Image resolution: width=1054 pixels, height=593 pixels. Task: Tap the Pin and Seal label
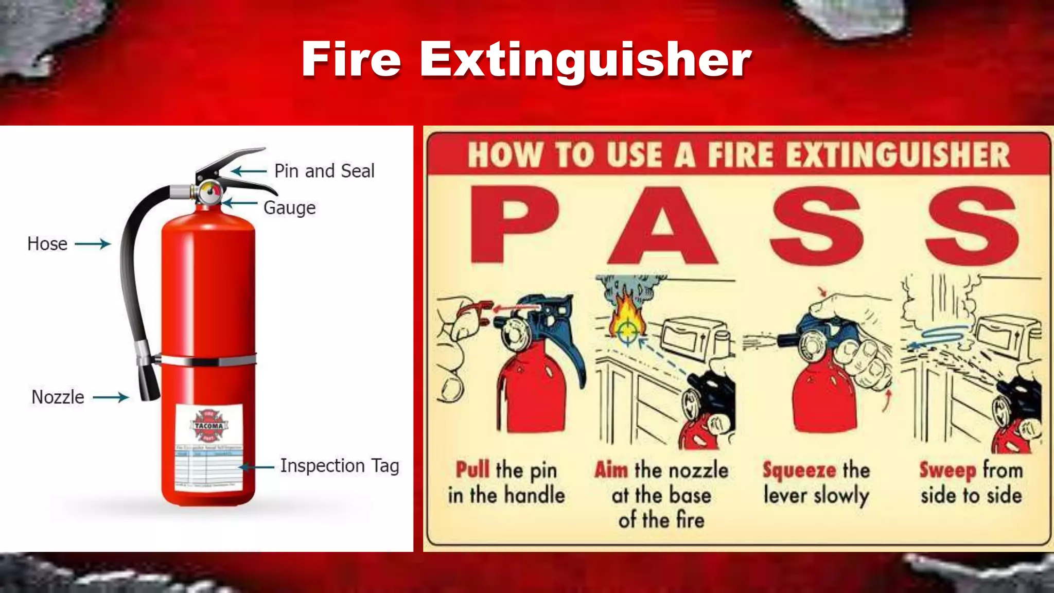click(x=324, y=171)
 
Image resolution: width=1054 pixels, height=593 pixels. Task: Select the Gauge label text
click(x=289, y=208)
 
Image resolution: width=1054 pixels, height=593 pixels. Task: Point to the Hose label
click(x=47, y=243)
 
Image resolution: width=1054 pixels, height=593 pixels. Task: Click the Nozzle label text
click(x=58, y=397)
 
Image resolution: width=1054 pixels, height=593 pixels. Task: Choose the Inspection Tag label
click(x=339, y=466)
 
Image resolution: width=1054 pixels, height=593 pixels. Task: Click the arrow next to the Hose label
click(x=93, y=243)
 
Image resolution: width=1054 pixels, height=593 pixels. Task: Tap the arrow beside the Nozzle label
click(x=110, y=397)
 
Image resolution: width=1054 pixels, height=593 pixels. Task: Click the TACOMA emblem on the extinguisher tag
click(x=208, y=426)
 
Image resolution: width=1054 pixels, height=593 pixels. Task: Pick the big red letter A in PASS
click(x=663, y=225)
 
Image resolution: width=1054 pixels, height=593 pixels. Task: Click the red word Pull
click(x=472, y=470)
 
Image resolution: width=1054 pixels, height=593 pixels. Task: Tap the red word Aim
click(x=611, y=470)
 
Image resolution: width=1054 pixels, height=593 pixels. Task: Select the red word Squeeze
click(x=799, y=470)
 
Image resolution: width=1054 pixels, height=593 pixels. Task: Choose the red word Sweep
click(x=947, y=470)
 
